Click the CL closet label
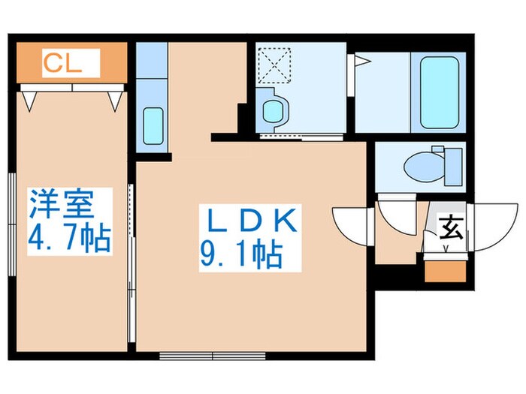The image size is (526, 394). tap(61, 62)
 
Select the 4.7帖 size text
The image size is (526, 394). tap(70, 239)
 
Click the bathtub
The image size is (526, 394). tap(440, 92)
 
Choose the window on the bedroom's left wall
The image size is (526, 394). tap(12, 225)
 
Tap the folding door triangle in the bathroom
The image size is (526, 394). tap(360, 64)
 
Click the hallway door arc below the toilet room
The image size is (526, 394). tap(395, 215)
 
